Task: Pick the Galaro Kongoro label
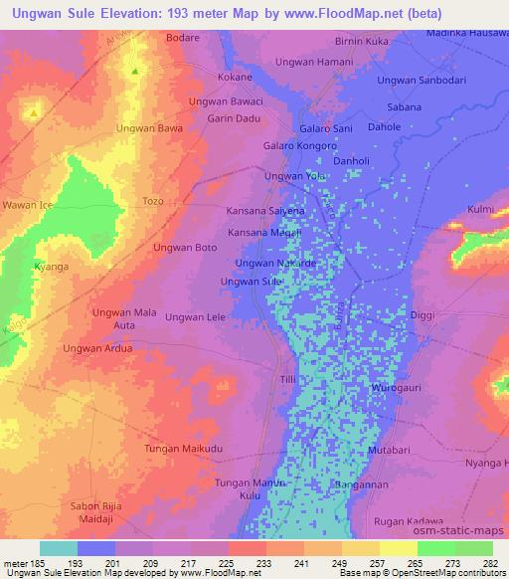pyautogui.click(x=300, y=146)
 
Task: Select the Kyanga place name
pyautogui.click(x=51, y=269)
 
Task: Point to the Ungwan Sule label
pyautogui.click(x=252, y=282)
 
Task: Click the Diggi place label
pyautogui.click(x=423, y=315)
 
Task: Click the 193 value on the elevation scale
pyautogui.click(x=76, y=563)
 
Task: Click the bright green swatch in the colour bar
pyautogui.click(x=435, y=548)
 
